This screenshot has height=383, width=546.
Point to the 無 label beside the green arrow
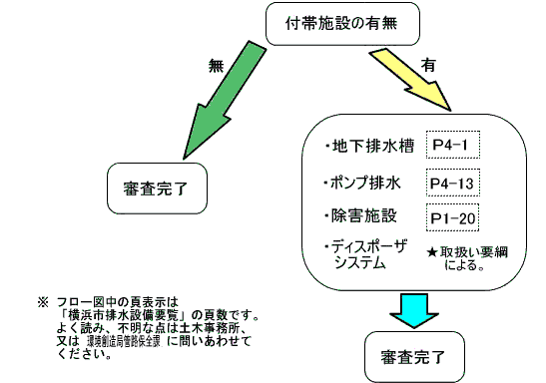click(216, 66)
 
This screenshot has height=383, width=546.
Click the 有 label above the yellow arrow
click(428, 63)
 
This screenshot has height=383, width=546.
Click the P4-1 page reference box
click(452, 146)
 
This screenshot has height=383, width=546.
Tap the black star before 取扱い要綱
click(431, 254)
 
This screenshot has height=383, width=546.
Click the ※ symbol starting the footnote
click(43, 300)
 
